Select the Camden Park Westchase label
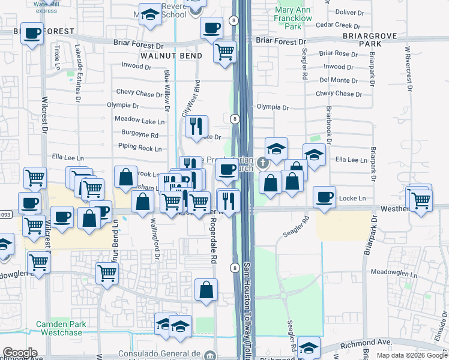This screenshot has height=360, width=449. point(62,328)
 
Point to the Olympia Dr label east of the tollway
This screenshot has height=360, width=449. point(273,107)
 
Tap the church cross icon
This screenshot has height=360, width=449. point(262,163)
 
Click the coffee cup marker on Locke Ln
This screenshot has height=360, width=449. point(325,196)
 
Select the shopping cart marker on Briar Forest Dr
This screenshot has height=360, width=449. point(224,52)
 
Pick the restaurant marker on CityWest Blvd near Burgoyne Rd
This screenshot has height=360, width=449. point(196,126)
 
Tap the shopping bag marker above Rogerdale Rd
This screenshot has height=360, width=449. point(206,289)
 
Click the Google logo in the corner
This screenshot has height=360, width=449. point(20,353)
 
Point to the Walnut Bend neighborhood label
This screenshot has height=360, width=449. point(164,55)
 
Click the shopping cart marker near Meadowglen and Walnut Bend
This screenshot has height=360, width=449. point(107,272)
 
